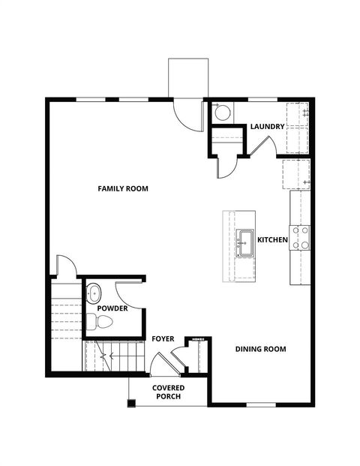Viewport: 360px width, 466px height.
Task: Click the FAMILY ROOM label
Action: pos(123,188)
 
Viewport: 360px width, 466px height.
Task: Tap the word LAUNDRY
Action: pos(267,127)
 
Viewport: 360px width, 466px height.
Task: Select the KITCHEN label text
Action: pos(273,239)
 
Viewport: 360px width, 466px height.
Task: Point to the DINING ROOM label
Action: pos(260,349)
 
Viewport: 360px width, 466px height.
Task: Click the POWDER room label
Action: pos(112,308)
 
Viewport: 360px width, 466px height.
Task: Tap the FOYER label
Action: pos(163,339)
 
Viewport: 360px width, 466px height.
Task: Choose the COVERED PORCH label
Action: pos(169,392)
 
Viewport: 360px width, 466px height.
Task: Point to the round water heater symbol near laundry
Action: pos(222,113)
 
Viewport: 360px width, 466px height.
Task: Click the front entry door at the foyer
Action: pos(159,365)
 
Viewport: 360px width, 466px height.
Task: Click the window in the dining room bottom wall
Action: pos(261,404)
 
